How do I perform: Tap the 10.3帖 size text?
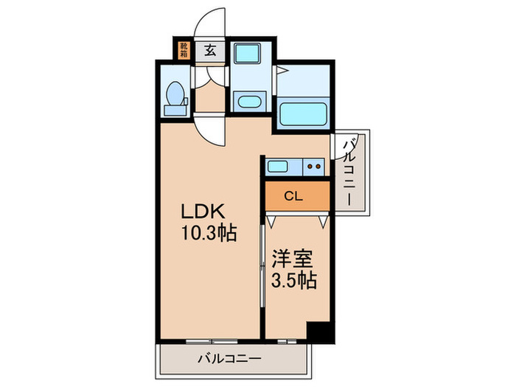(209, 234)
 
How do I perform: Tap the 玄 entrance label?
(211, 50)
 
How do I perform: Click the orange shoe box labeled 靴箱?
(182, 50)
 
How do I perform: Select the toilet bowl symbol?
(175, 94)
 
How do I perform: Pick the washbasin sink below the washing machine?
(248, 102)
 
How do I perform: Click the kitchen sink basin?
(282, 165)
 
